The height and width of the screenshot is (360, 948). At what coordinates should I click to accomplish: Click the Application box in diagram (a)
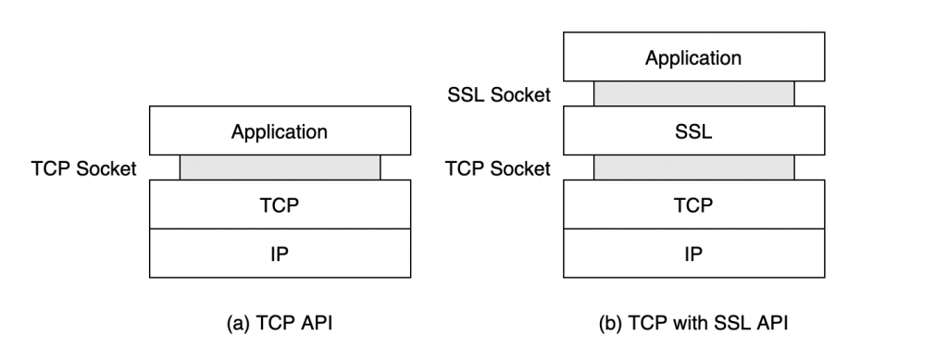pos(280,130)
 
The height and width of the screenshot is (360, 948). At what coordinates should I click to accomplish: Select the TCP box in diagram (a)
pos(280,204)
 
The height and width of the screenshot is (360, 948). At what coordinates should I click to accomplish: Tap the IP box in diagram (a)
pos(280,253)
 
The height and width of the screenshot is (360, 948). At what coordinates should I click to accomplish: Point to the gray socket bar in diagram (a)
pos(280,168)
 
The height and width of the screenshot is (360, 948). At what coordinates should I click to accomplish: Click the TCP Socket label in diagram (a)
pos(82,168)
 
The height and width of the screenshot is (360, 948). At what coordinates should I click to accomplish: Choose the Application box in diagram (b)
pos(693,57)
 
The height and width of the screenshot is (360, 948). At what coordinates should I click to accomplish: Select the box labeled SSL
pos(693,130)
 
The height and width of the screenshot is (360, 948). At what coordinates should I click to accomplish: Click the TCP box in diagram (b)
pos(693,204)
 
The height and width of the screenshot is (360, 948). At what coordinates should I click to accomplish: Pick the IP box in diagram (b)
pos(693,253)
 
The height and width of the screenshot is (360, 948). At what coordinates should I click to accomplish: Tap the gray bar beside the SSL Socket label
pos(693,93)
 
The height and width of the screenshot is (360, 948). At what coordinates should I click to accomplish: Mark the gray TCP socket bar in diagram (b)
pos(693,168)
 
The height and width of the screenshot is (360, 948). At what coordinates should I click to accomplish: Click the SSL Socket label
pos(497,94)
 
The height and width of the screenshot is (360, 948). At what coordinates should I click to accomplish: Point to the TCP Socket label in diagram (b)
pos(497,168)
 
